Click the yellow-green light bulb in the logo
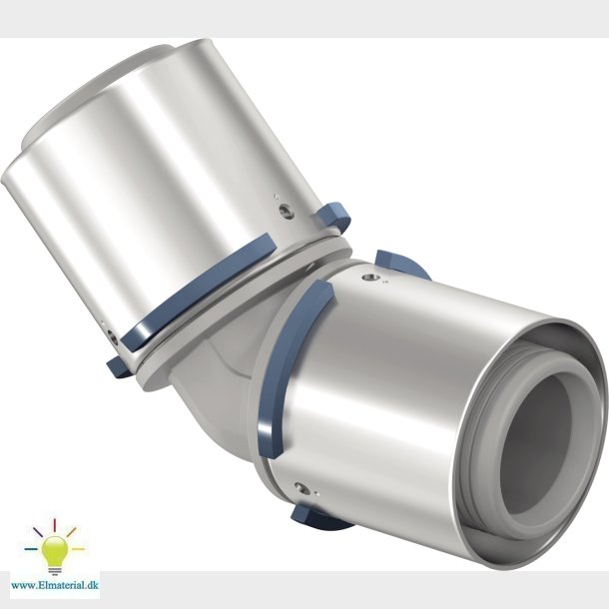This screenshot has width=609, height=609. coord(54,549)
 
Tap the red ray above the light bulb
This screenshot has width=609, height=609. coord(54,524)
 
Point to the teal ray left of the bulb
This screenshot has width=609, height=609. coord(31,549)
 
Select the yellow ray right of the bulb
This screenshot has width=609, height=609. coord(78,549)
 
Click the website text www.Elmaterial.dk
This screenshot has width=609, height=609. coord(55,585)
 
